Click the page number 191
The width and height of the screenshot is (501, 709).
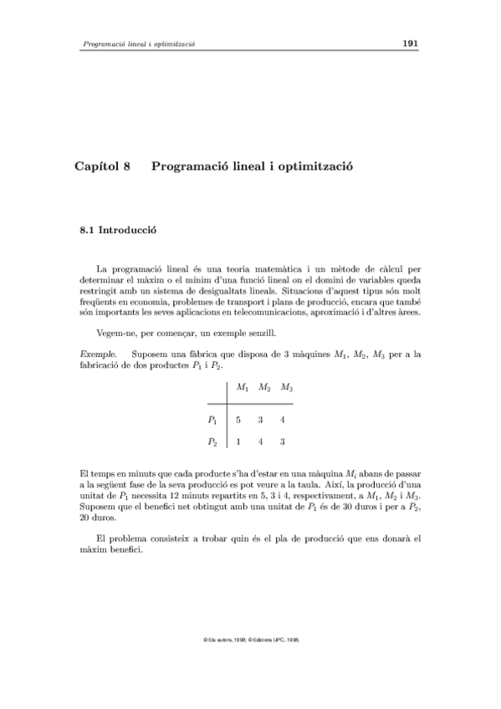(410, 43)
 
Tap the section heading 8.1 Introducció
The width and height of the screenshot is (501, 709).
(118, 228)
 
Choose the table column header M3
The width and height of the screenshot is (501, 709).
(287, 388)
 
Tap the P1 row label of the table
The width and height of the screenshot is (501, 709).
(213, 420)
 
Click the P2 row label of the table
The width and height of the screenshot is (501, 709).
(213, 441)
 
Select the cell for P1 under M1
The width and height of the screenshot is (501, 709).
(239, 420)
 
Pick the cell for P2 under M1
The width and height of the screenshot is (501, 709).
(239, 441)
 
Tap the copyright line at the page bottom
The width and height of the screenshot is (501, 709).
(251, 640)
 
